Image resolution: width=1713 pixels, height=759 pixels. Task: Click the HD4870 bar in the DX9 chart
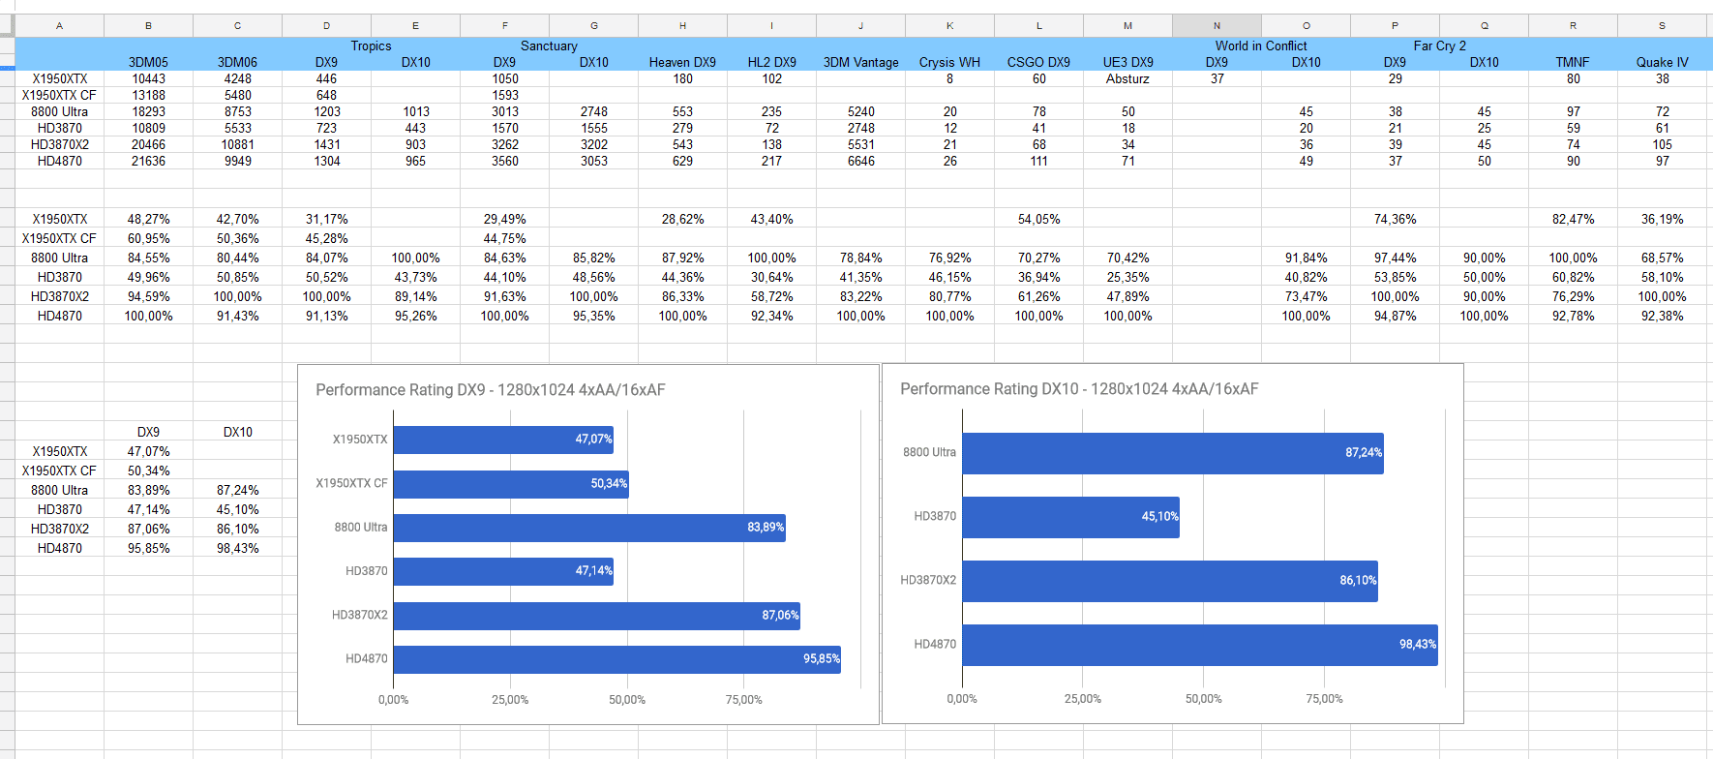pos(616,659)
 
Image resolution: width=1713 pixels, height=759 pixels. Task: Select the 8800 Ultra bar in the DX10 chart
pos(1172,453)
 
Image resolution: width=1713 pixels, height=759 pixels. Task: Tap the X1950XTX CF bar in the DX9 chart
pos(511,484)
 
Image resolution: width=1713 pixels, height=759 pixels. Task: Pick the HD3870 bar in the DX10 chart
pos(1070,517)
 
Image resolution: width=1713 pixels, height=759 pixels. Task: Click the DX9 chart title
pos(491,390)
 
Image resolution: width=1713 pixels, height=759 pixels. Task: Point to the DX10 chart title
pos(1079,389)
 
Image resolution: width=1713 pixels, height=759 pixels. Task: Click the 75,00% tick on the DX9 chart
pos(743,700)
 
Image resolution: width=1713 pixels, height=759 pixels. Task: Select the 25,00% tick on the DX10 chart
pos(1082,699)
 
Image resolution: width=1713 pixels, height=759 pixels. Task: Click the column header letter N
pos(1217,26)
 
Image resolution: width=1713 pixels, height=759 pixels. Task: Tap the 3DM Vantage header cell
pos(860,63)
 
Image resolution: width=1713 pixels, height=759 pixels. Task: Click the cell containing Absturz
pos(1127,79)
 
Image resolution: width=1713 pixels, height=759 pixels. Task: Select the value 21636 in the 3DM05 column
pos(148,162)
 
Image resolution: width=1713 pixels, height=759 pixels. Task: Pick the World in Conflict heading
pos(1260,46)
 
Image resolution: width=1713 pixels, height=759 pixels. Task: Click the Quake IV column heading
pos(1662,63)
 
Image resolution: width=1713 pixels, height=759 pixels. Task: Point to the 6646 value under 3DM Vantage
pos(860,162)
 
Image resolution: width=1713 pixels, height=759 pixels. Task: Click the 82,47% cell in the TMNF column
pos(1573,220)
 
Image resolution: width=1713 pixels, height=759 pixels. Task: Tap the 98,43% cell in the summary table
pos(237,549)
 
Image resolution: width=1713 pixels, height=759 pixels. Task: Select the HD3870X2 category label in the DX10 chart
pos(927,581)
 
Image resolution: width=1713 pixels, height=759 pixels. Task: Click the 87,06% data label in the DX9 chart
pos(780,616)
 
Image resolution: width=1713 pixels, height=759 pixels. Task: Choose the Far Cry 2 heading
pos(1439,46)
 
